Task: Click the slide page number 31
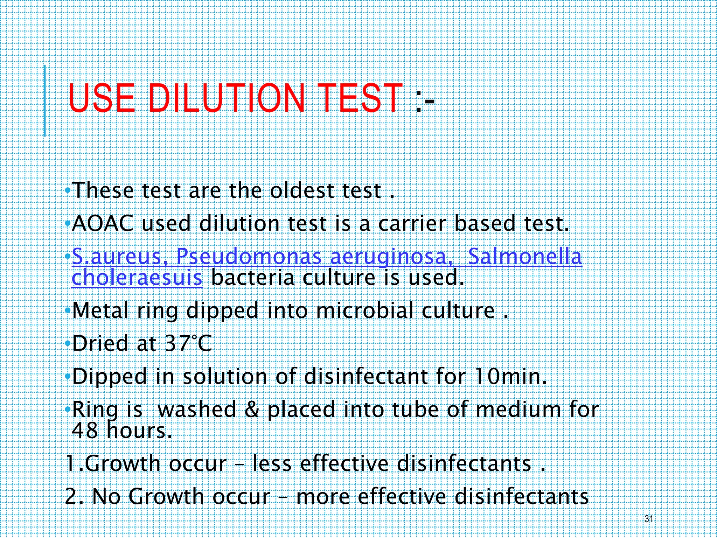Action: pos(649,519)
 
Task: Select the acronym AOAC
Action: pos(102,223)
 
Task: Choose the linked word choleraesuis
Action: pos(137,278)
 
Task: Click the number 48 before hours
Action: pos(85,430)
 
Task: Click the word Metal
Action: pos(100,310)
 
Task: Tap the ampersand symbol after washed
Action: pos(252,409)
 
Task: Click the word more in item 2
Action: pos(322,497)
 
